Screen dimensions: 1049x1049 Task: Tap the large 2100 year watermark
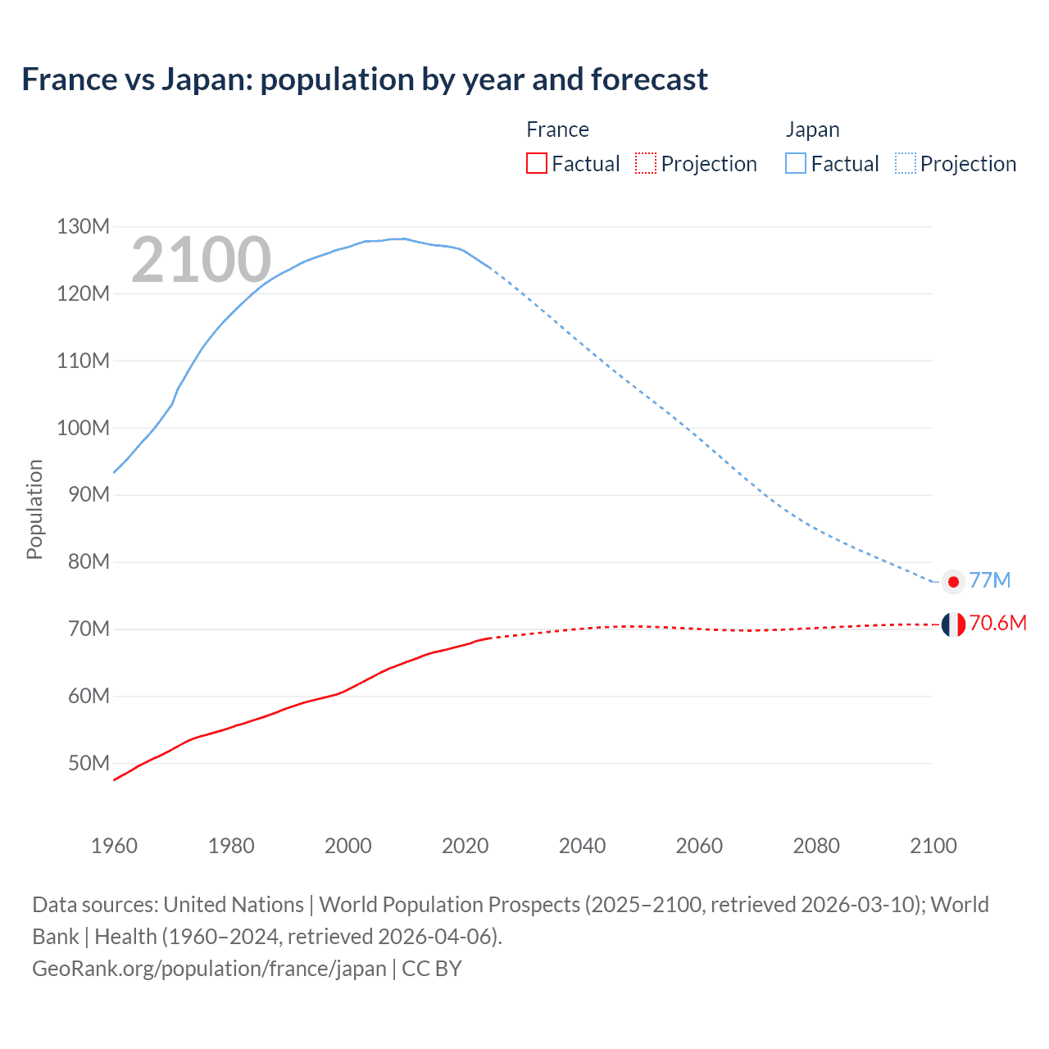coord(201,260)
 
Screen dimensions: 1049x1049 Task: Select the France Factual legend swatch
coord(536,163)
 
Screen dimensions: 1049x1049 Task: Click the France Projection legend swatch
coord(646,163)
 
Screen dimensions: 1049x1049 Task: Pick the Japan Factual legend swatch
coord(796,163)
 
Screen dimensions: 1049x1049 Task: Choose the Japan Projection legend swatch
coord(906,163)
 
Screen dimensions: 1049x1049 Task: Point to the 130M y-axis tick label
coord(83,226)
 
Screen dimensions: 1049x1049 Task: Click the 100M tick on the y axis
coord(83,428)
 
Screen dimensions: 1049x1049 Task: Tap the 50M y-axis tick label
coord(89,763)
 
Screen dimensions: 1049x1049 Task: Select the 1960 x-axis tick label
coord(114,846)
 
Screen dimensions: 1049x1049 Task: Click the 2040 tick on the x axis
coord(582,846)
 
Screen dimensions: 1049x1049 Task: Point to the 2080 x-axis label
coord(816,846)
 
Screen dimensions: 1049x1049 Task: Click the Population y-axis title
coord(34,509)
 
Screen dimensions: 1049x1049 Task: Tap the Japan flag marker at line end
coord(952,581)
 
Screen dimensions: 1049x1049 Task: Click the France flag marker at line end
coord(952,624)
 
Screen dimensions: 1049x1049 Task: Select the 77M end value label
coord(990,580)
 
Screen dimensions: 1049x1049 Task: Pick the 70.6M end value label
coord(997,623)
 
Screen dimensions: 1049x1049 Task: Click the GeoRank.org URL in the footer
coord(209,969)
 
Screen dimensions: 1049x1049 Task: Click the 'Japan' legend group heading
coord(812,129)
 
